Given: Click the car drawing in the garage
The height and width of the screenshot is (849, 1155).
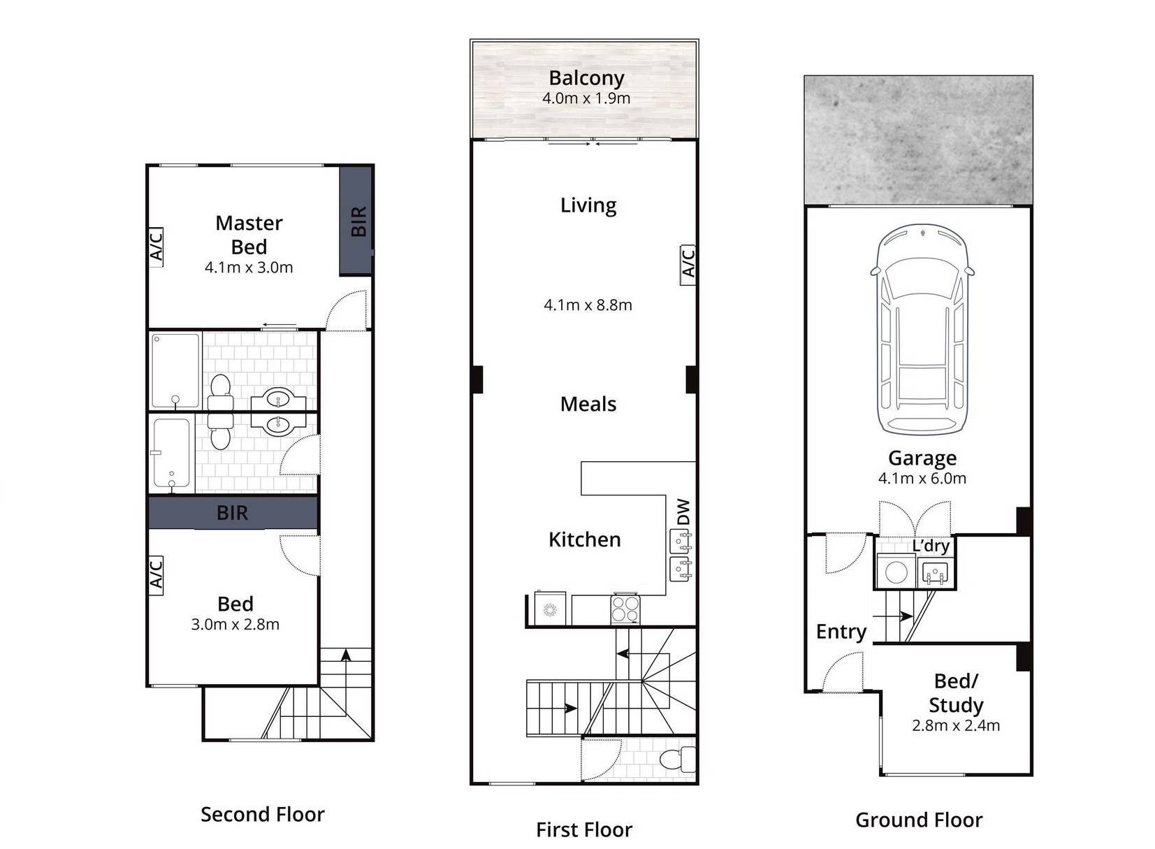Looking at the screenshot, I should pyautogui.click(x=922, y=329).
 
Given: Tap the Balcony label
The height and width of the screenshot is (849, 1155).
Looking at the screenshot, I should pyautogui.click(x=586, y=78).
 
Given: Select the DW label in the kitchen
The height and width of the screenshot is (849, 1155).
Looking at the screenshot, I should pyautogui.click(x=683, y=512).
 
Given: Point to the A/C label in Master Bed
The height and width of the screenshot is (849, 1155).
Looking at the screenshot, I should pyautogui.click(x=156, y=245).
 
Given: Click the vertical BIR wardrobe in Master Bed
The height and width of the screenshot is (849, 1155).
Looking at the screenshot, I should pyautogui.click(x=356, y=221).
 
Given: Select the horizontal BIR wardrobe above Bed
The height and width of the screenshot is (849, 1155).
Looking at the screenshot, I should pyautogui.click(x=233, y=513).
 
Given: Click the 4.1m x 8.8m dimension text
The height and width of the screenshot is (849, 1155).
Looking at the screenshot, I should pyautogui.click(x=588, y=305).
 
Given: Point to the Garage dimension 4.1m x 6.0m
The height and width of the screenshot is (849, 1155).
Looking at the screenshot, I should pyautogui.click(x=922, y=479).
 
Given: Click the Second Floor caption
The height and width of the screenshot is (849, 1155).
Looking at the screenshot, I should pyautogui.click(x=262, y=814).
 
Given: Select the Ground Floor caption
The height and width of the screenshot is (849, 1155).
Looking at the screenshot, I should pyautogui.click(x=918, y=820).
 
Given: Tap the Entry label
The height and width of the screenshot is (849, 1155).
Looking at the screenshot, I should pyautogui.click(x=841, y=632).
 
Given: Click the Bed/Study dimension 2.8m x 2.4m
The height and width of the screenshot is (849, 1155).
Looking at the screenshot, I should pyautogui.click(x=955, y=725).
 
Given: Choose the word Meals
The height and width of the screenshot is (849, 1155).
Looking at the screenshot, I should pyautogui.click(x=588, y=404).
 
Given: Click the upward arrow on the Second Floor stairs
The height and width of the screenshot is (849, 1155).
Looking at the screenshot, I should pyautogui.click(x=345, y=655).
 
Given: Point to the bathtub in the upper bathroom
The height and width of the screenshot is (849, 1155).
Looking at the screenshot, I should pyautogui.click(x=175, y=370).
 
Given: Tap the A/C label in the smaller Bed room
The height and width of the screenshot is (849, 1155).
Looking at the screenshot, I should pyautogui.click(x=156, y=574).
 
